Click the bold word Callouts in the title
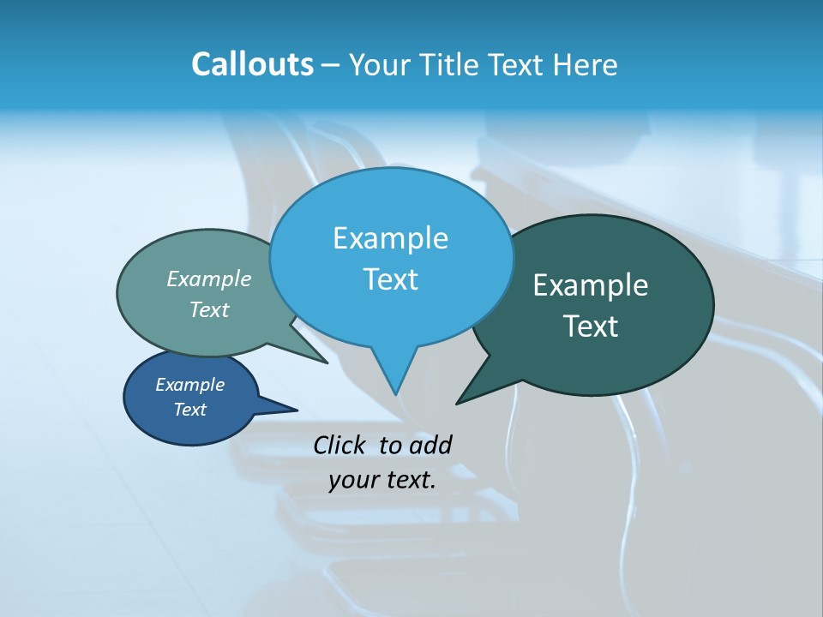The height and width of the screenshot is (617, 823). point(252,64)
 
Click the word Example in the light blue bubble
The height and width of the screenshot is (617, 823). point(390,238)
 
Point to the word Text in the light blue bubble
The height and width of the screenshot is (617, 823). point(390,279)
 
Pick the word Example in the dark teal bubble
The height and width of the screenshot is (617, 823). point(591,285)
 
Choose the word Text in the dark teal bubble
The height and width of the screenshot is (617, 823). point(591,326)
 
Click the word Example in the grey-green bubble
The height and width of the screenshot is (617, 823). point(209,279)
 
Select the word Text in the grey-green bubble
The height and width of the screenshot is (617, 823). point(209,309)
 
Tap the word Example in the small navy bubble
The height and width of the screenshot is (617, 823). point(189,385)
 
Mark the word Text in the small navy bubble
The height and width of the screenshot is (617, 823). point(189,410)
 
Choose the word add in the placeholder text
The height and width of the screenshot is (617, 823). point(430,445)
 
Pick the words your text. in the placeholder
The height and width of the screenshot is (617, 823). point(382,480)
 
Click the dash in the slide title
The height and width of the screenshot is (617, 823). point(332,64)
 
